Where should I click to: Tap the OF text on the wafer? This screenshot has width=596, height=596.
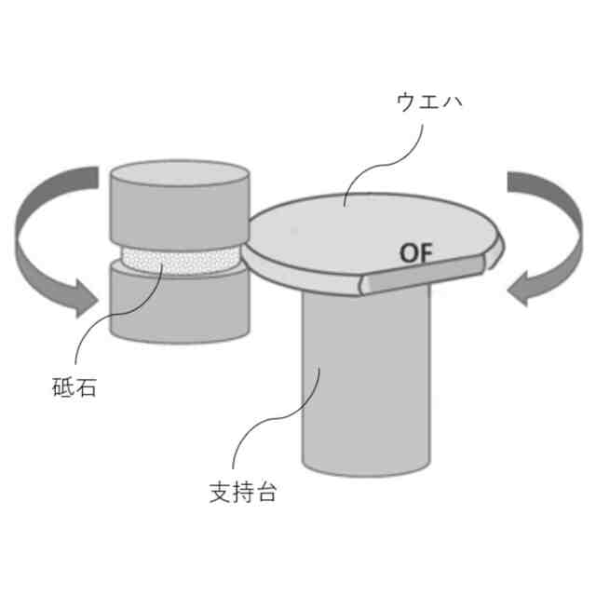(417, 252)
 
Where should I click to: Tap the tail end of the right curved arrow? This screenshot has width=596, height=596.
(518, 182)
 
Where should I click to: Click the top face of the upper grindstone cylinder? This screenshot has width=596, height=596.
(177, 173)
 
